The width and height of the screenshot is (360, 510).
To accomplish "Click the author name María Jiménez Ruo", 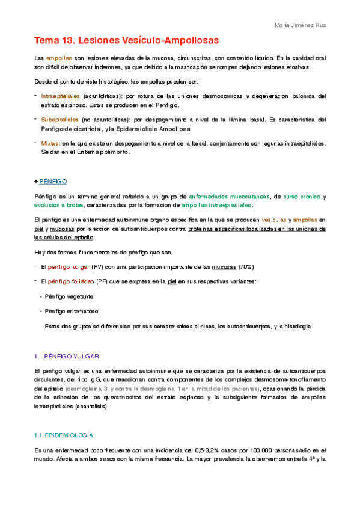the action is pos(301,26).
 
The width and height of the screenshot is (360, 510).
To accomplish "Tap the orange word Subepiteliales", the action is pos(59,119).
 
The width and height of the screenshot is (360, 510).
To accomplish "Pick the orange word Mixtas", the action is pos(50,143).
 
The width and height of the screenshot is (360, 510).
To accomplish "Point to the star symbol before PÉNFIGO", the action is pos(37,181).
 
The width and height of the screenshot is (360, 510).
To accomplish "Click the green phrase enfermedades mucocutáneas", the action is pos(230,197).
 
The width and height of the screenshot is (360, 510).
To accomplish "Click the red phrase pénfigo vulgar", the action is pos(64,266).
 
